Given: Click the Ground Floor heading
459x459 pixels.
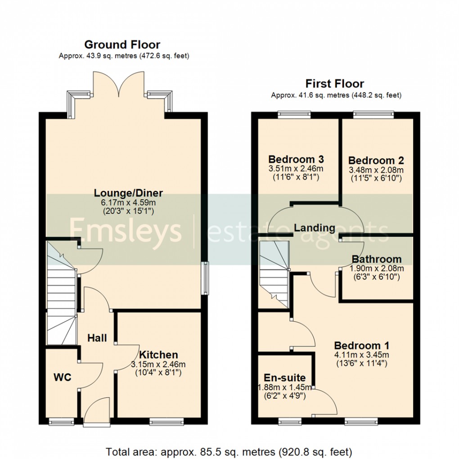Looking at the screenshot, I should point(122,45).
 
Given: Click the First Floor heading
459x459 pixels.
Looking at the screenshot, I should point(334,84).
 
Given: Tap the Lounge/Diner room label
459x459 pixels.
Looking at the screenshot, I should point(128,193).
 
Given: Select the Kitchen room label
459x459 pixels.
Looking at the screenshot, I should point(158,355).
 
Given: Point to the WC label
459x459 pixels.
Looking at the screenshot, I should point(63,378).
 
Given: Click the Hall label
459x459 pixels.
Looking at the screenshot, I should point(97,337).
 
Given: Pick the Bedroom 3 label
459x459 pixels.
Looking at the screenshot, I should point(296,159).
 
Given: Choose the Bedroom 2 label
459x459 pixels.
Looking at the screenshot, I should point(376,160).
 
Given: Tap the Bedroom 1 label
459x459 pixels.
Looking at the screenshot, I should point(361,346).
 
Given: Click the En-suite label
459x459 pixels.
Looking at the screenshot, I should point(284,378).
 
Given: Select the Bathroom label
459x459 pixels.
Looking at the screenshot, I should point(377,259).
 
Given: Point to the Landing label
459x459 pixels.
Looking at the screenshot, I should point(315,228).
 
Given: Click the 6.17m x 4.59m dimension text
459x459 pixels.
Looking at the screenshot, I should point(128,202).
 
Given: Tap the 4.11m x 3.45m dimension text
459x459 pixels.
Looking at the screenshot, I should point(361,355).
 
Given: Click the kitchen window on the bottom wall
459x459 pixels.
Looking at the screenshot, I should point(166,422).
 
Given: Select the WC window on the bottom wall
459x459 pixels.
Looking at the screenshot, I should point(61,422).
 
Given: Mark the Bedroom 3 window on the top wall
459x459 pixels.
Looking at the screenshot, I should point(294,114).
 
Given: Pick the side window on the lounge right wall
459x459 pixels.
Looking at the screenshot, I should point(206,279).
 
